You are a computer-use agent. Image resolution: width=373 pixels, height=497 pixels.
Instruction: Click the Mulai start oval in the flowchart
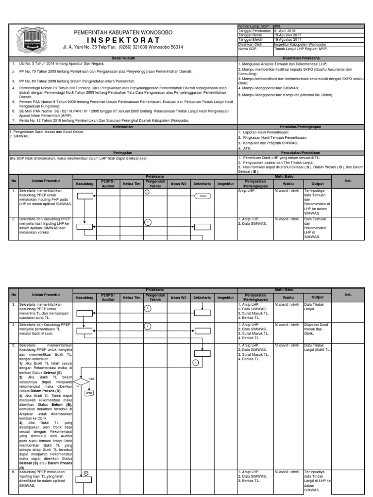[x=202, y=196]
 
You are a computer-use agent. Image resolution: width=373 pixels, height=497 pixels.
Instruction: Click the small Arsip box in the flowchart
[x=89, y=393]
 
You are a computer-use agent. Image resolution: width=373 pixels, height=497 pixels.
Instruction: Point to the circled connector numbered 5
[x=196, y=362]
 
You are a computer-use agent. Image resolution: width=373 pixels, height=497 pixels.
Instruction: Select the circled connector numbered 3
[x=147, y=308]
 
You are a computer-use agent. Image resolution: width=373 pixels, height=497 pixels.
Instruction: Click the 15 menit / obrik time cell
[x=286, y=345]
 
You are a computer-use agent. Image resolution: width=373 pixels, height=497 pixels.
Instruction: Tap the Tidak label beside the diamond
[x=91, y=379]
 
